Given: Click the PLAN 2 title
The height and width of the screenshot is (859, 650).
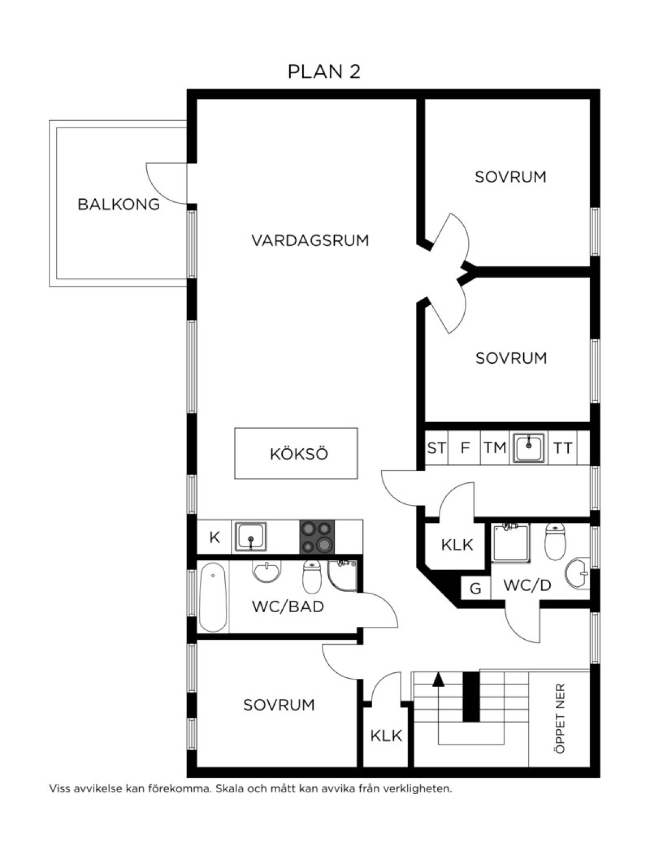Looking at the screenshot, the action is (324, 71).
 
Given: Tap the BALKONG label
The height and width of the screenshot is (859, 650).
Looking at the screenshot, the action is (119, 204).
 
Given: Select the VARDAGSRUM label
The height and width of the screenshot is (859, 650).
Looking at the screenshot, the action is (310, 240).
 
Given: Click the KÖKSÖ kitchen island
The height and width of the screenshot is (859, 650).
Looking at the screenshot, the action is (296, 453).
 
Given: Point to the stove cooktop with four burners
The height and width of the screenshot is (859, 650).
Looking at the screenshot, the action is (317, 536).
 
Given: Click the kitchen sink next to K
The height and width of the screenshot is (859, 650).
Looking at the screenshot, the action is (251, 536).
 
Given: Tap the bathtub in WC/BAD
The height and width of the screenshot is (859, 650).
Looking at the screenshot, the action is (213, 597).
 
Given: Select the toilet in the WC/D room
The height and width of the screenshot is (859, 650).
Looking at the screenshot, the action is (555, 541).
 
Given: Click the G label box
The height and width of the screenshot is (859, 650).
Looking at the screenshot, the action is (476, 588).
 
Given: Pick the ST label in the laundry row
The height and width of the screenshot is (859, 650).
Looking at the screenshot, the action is (436, 448).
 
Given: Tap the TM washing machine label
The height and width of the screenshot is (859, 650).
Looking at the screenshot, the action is (495, 448).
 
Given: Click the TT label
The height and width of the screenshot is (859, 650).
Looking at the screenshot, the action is (563, 448).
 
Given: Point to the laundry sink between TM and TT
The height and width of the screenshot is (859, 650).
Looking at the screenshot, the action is (529, 447).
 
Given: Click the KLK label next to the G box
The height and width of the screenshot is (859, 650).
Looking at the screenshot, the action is (457, 545).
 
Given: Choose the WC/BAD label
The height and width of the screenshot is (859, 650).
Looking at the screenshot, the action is (288, 607).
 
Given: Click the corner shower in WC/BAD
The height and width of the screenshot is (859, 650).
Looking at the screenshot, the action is (342, 575).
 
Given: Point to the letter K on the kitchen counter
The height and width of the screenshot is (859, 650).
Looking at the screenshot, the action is (214, 538).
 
